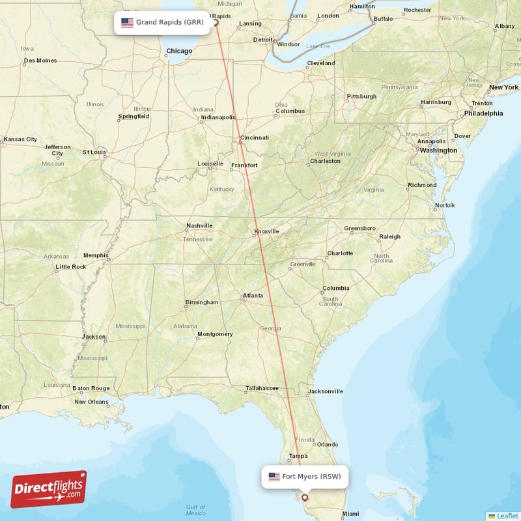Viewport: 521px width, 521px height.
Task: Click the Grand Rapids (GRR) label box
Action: click(162, 22)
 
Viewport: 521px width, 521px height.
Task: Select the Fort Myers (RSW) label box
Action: click(305, 477)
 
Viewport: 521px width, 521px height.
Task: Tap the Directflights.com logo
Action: click(49, 489)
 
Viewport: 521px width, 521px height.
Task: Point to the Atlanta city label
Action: click(253, 296)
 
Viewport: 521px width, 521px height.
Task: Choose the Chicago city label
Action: click(179, 51)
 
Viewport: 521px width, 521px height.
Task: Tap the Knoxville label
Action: click(266, 231)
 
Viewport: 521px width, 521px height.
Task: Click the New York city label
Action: click(503, 87)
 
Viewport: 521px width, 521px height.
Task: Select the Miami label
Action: click(350, 513)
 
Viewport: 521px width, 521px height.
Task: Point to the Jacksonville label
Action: click(326, 391)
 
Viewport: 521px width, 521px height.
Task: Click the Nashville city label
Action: click(199, 225)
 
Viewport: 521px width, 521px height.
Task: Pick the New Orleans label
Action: click(91, 402)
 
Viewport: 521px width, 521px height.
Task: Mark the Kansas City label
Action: click(20, 139)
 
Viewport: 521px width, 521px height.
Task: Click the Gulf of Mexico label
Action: click(195, 510)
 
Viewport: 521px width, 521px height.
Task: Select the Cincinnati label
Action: click(254, 137)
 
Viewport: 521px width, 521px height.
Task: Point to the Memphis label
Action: click(96, 256)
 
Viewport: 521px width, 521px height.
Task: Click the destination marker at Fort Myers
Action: click(304, 498)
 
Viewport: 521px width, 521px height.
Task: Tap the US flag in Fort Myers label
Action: click(274, 477)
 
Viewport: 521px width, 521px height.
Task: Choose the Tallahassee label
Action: click(262, 389)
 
